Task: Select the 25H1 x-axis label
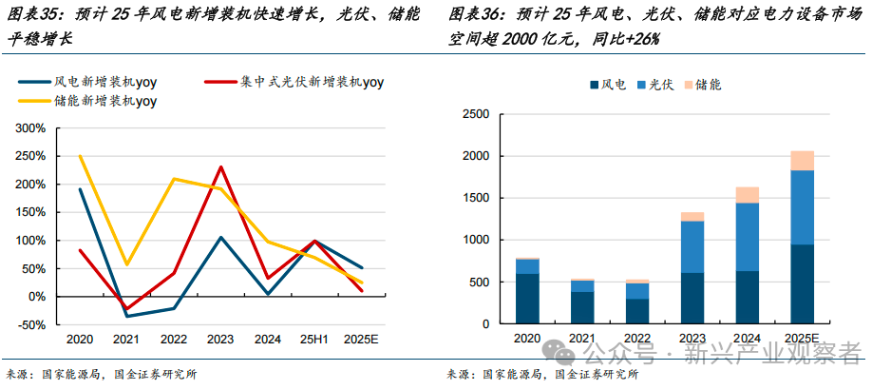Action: (x=314, y=340)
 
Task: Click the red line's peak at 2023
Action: (x=221, y=167)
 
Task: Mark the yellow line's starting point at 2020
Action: (x=80, y=156)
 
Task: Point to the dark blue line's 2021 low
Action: (x=127, y=316)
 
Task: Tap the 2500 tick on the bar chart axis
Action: (x=474, y=114)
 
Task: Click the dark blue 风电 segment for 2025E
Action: (x=803, y=283)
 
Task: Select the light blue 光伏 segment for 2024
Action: (x=747, y=237)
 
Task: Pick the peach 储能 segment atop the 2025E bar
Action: (x=803, y=160)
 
